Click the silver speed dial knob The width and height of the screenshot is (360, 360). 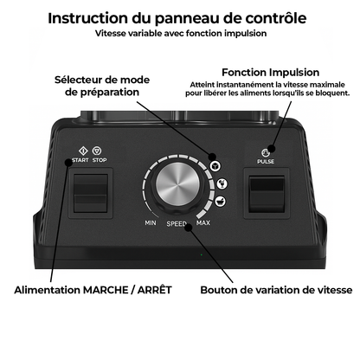coord(177,184)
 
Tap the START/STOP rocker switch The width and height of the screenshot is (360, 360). coord(91,193)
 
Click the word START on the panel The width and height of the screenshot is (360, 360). coord(80,160)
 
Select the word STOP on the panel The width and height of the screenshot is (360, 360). coord(100,160)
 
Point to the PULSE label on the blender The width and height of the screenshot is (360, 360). coord(266,162)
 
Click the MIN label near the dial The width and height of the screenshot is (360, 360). coord(151,222)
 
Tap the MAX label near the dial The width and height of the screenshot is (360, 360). coord(203,222)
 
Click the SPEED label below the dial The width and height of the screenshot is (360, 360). coord(177,223)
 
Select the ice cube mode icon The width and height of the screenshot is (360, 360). coord(215,166)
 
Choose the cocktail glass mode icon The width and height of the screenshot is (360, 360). coord(222,183)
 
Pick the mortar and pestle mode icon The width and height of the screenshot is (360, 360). coord(220,202)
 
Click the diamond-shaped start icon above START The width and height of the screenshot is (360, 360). coord(83,151)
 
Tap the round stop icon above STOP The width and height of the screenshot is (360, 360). coord(97,151)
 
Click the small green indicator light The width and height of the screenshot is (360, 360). coord(201,254)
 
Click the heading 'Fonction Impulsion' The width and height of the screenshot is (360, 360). coord(271,72)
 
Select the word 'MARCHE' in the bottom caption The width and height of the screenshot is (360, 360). coord(105,290)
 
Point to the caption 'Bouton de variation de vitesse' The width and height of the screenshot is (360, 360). coord(276,290)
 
